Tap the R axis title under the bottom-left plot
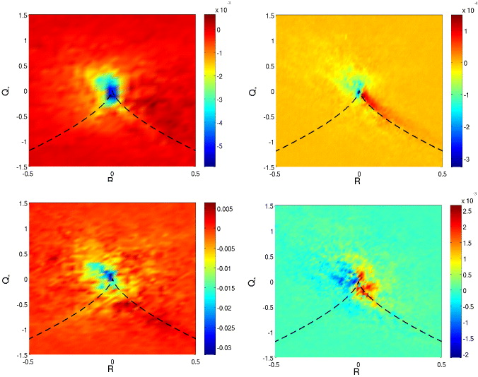112,368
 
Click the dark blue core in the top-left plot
111,92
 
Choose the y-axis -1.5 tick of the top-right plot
269,167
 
